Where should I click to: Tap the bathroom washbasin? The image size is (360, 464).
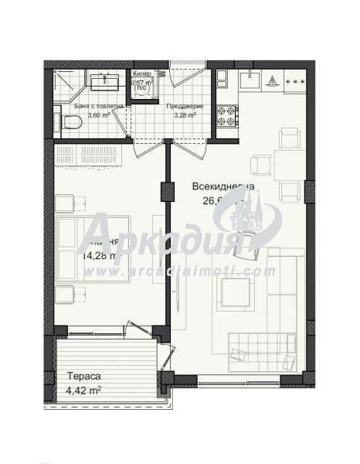click(101, 82)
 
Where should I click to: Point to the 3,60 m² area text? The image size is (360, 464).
click(99, 115)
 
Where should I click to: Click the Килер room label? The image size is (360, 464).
click(141, 74)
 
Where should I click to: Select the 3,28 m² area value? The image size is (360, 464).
click(185, 115)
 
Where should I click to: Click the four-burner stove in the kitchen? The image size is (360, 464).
click(228, 116)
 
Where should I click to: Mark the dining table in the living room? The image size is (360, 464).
click(261, 164)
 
